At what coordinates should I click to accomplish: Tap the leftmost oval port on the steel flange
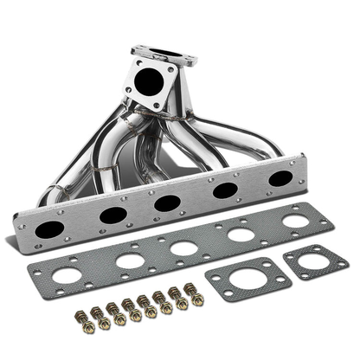coord(49,230)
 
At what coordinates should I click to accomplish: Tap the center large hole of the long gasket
coord(183,248)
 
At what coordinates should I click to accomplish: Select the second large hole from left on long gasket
coord(130,261)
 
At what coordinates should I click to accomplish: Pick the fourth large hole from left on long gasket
coord(241,234)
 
